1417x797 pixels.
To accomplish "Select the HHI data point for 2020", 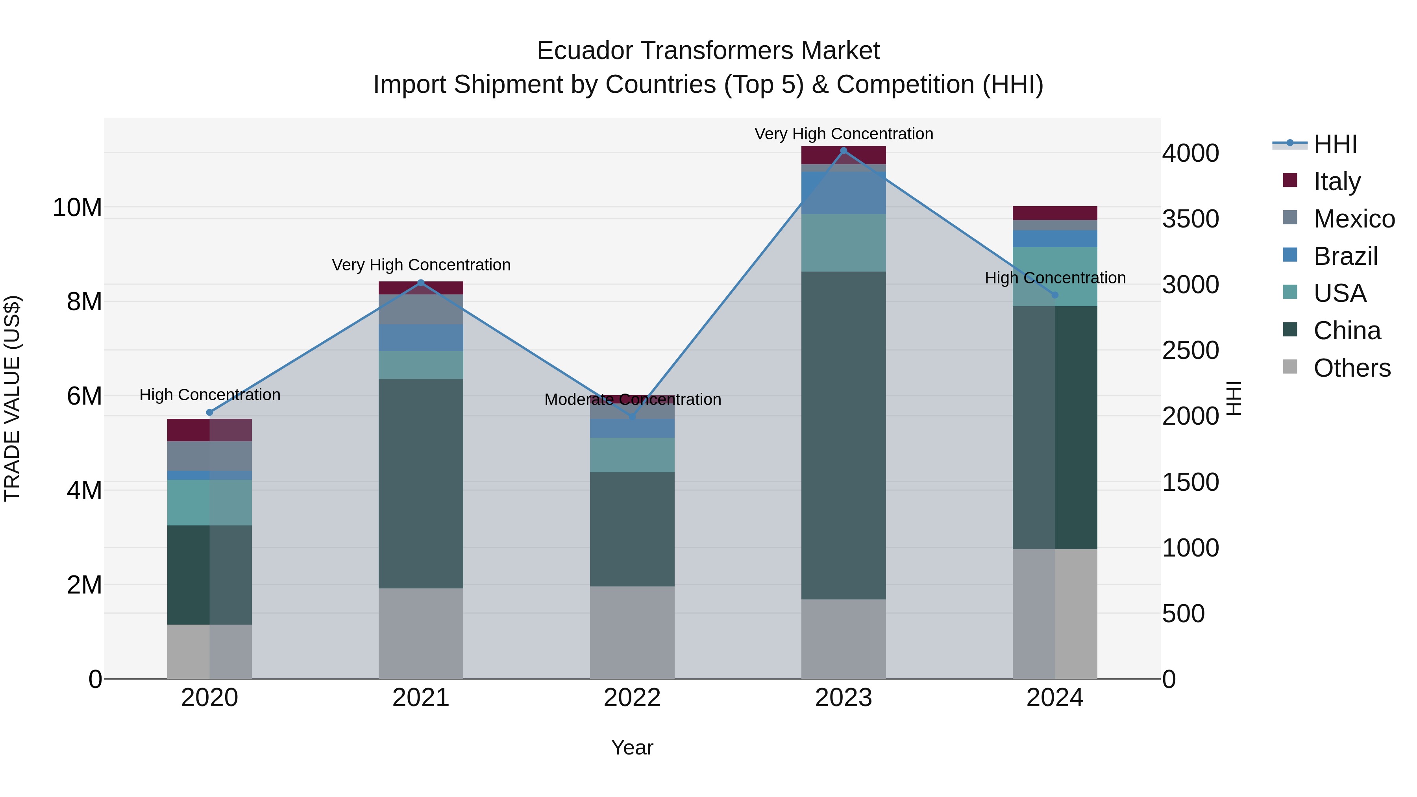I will [x=209, y=412].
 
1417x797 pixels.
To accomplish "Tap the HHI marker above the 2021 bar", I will [x=421, y=283].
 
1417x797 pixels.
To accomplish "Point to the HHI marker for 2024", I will [x=1054, y=295].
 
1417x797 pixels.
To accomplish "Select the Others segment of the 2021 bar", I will [x=421, y=633].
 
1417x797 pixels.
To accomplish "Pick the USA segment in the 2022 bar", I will [x=632, y=455].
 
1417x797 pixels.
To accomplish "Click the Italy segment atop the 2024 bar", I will [x=1054, y=213].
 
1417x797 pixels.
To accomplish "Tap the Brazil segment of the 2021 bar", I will [x=421, y=338].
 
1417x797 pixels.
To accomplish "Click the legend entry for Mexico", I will [x=1354, y=219].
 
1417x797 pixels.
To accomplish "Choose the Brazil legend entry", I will [x=1345, y=256].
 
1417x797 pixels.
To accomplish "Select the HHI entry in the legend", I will [x=1335, y=144].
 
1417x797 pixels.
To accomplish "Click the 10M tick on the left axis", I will [x=77, y=208].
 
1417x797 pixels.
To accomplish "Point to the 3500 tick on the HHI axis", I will [x=1190, y=219].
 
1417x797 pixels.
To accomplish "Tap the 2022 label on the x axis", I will [x=632, y=698].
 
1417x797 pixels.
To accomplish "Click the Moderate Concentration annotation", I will [x=633, y=399].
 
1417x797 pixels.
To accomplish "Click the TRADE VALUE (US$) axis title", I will [x=13, y=398].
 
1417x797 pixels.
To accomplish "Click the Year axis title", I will [x=632, y=747].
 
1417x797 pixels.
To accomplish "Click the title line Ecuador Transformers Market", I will [x=708, y=51].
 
